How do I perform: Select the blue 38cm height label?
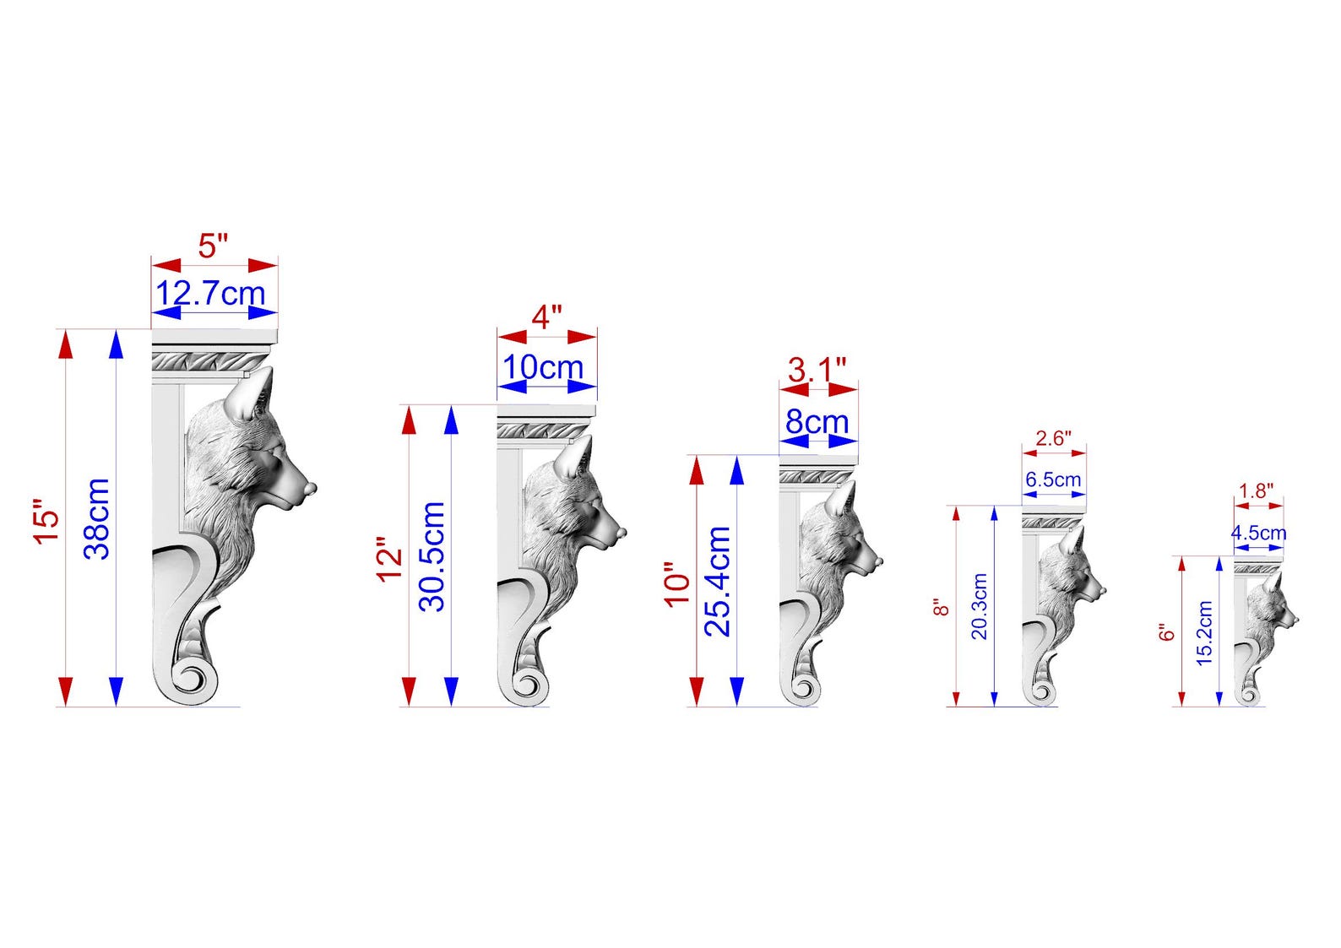97,519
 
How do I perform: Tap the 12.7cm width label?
210,293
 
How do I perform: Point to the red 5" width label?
213,246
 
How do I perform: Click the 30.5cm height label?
432,556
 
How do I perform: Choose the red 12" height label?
389,560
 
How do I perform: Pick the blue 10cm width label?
543,367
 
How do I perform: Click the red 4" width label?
546,317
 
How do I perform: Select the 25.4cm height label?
717,581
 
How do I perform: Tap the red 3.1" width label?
817,370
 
